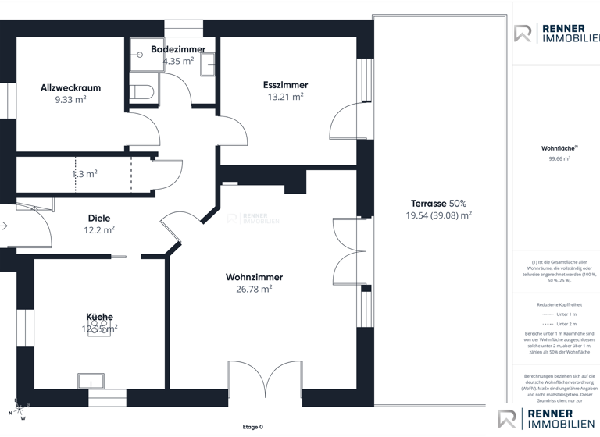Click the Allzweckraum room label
click(x=70, y=88)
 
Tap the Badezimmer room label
click(x=178, y=49)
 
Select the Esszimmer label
click(x=285, y=85)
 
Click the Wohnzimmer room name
click(x=254, y=277)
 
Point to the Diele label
click(x=99, y=218)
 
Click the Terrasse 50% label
click(x=438, y=204)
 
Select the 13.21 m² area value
click(x=285, y=98)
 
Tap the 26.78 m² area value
click(x=254, y=289)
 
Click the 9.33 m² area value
click(x=70, y=100)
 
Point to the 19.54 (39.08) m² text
click(x=438, y=215)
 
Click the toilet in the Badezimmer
click(x=142, y=92)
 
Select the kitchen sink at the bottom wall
click(x=91, y=381)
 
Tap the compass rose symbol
click(x=18, y=409)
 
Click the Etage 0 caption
click(x=252, y=427)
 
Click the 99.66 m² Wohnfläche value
click(x=559, y=158)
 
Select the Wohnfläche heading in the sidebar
click(x=559, y=148)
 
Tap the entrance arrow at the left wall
click(x=4, y=226)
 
